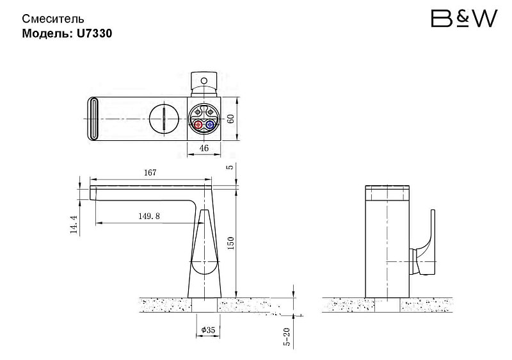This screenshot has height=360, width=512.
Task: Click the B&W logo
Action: [465, 19]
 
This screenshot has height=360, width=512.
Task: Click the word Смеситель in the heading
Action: [53, 19]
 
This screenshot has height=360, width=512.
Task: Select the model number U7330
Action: [94, 33]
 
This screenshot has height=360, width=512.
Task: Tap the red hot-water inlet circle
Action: [198, 125]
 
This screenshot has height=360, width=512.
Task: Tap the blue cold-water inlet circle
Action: [210, 125]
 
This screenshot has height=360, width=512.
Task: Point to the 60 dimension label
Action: [230, 119]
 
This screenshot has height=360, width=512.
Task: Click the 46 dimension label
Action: [204, 148]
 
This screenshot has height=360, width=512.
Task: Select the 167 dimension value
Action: [150, 172]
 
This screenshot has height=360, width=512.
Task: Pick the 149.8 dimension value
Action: [149, 217]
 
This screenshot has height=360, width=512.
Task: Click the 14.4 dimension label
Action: [74, 224]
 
